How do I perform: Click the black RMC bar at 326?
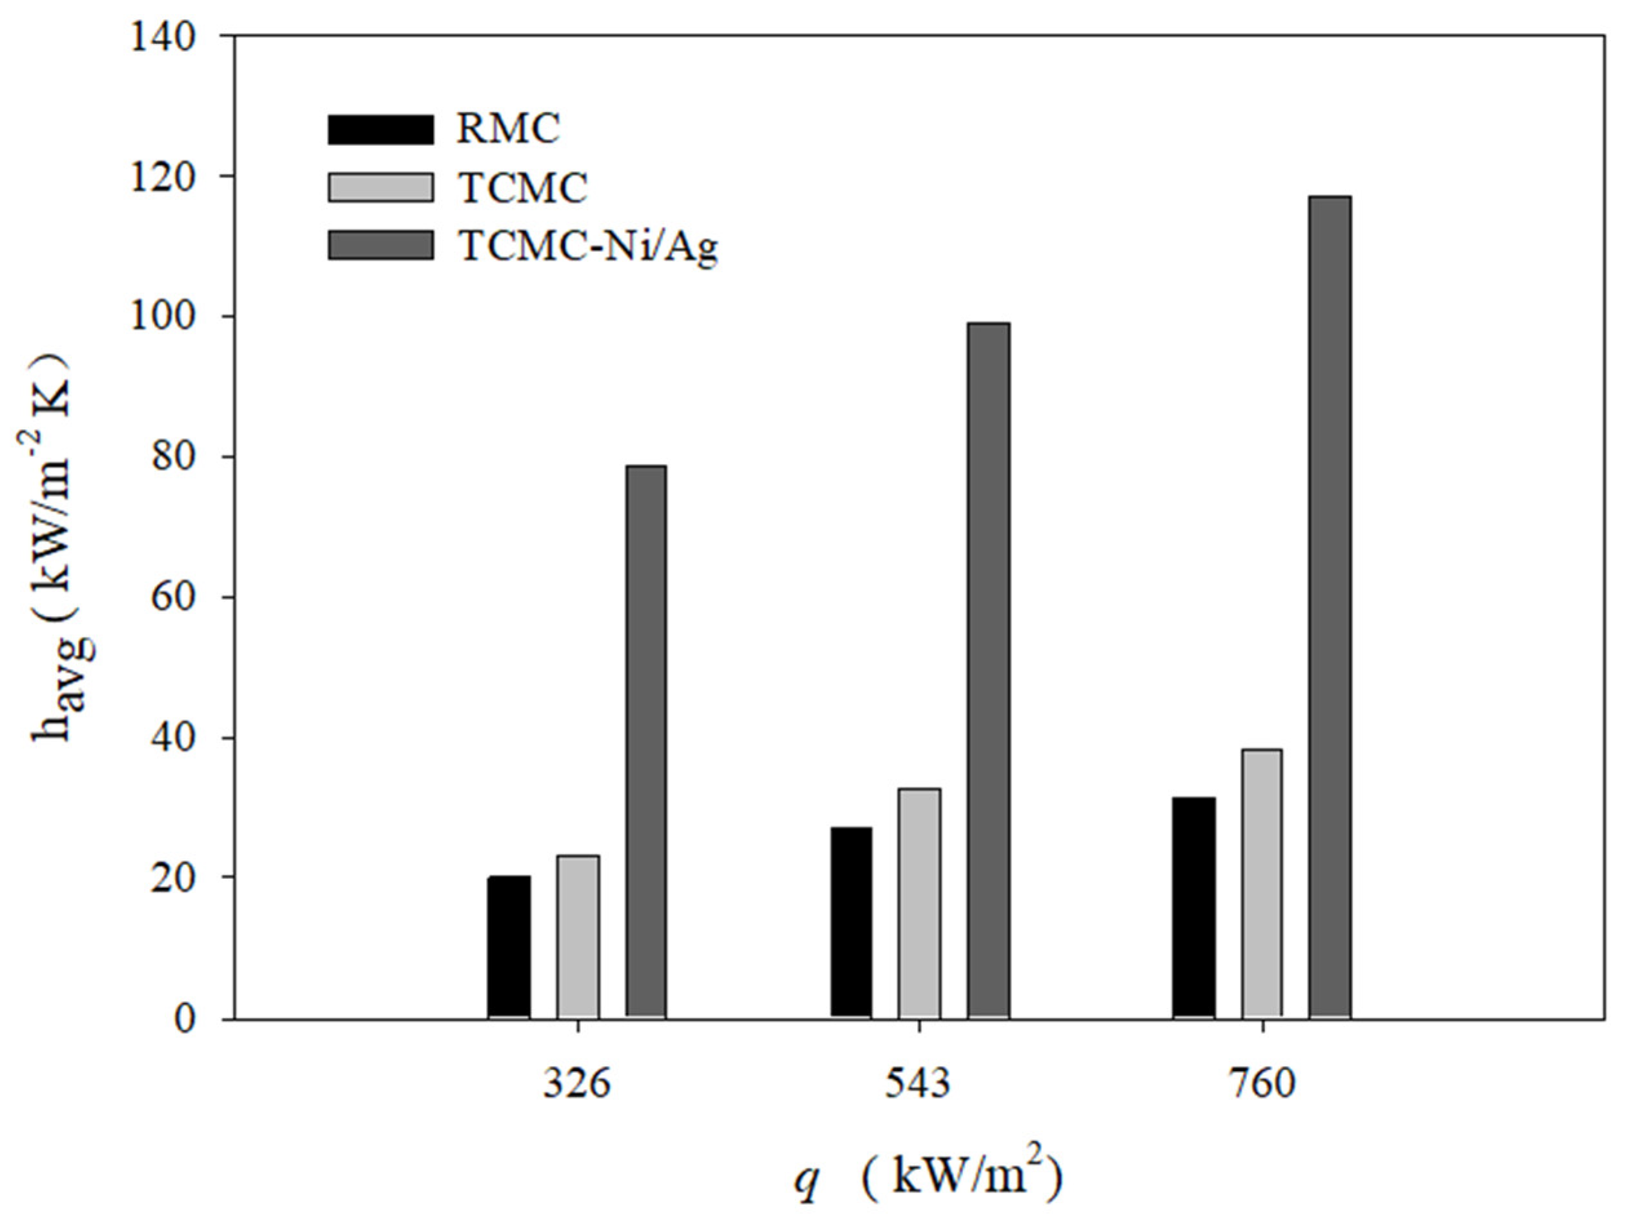[509, 947]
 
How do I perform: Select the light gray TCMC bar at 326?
[578, 937]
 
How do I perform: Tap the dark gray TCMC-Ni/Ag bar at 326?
[646, 741]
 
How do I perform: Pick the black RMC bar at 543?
[851, 923]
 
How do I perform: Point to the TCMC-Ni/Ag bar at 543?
[988, 670]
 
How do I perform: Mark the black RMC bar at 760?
[1194, 908]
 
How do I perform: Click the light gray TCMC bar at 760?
[1262, 884]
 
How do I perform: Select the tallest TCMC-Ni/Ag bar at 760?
[1330, 607]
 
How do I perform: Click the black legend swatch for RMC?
[380, 130]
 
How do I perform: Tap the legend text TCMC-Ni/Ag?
[587, 247]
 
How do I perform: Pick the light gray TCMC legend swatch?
[380, 186]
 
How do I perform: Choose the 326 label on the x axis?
[578, 1084]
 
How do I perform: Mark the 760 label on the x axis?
[1262, 1084]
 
